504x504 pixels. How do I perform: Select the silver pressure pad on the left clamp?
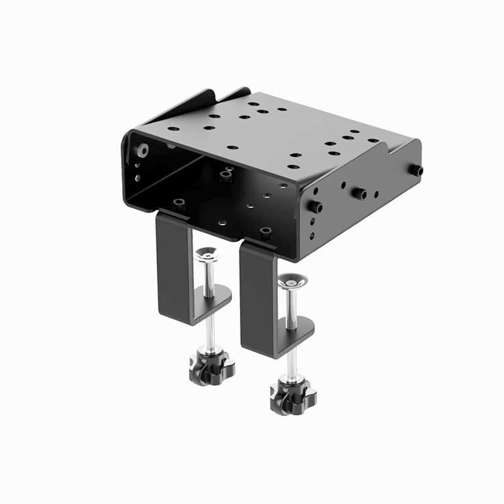coord(210,255)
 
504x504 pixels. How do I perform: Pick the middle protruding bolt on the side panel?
coord(360,192)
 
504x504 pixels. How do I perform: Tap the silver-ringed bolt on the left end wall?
coord(143,151)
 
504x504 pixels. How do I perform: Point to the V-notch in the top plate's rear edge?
coord(217,99)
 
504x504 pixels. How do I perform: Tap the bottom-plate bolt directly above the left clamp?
coord(178,203)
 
